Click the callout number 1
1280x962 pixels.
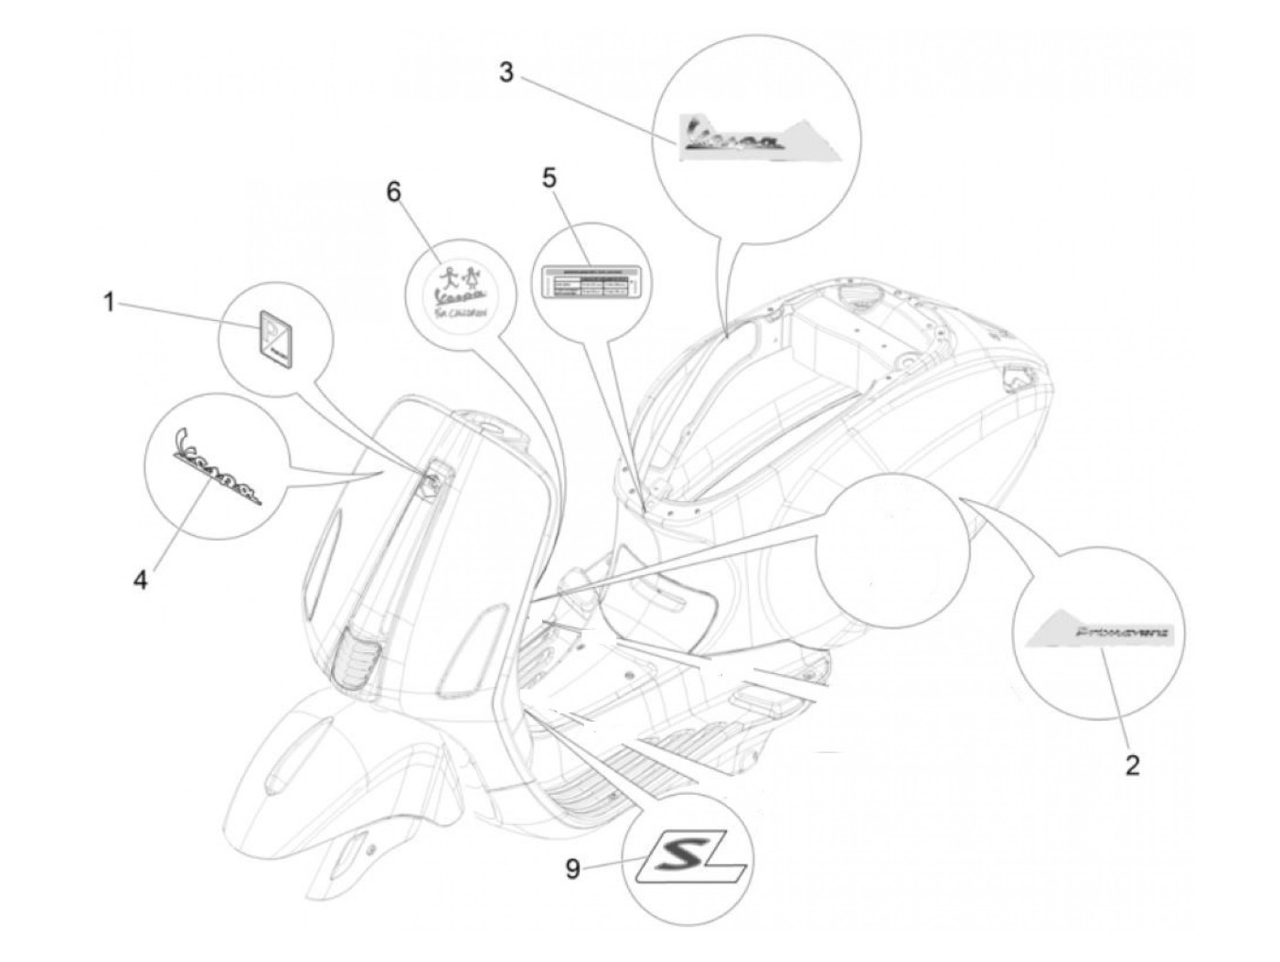pos(109,302)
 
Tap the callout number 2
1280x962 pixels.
pos(1132,764)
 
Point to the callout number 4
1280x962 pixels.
pos(140,580)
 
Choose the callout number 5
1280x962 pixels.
pos(549,177)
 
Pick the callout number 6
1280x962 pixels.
pos(393,192)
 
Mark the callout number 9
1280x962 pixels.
pos(572,868)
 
